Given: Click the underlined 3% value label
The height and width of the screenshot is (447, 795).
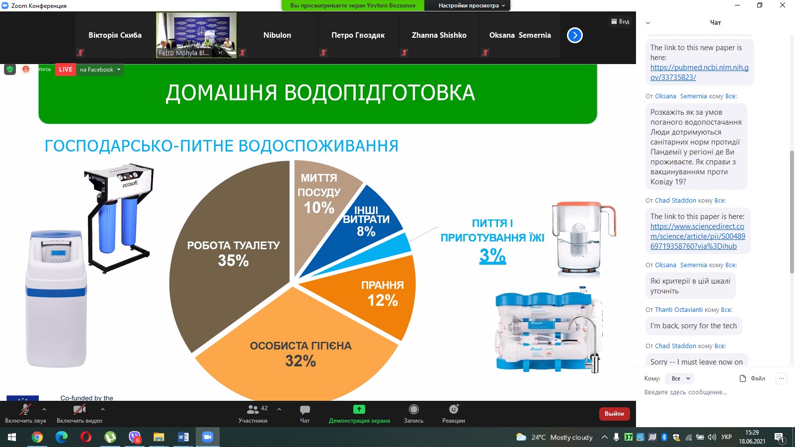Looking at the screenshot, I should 492,255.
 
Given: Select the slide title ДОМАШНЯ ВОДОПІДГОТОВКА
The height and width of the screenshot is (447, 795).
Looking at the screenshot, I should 320,93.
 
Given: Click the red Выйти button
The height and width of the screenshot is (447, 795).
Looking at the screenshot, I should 614,413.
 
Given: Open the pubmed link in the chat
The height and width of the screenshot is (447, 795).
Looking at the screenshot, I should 699,73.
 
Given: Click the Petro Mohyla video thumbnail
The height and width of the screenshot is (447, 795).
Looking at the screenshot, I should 196,35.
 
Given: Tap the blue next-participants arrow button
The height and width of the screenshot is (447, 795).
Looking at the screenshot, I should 574,35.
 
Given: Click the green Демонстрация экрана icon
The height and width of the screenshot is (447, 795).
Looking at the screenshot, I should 359,409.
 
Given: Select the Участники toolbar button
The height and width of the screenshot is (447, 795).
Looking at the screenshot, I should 253,413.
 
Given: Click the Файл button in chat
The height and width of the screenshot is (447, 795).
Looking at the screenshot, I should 752,378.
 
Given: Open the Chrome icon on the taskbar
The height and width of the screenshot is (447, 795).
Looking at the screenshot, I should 37,437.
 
